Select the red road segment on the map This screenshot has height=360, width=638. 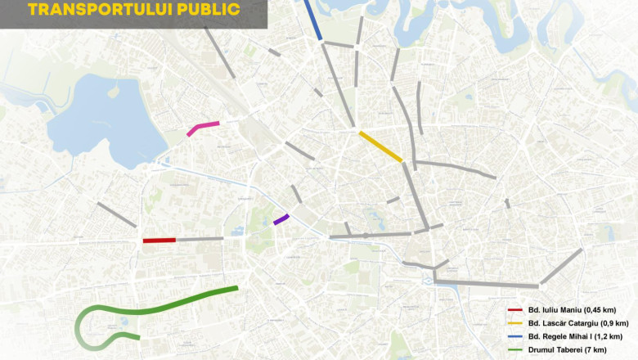[x=159, y=241]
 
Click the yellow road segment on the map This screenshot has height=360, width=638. [x=380, y=146]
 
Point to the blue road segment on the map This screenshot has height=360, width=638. [x=312, y=20]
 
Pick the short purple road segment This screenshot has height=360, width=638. [x=281, y=219]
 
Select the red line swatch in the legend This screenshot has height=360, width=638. [x=514, y=309]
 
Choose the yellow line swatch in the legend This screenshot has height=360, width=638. [x=514, y=323]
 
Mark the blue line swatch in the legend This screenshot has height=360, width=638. [x=514, y=337]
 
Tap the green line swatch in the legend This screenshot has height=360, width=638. [x=514, y=351]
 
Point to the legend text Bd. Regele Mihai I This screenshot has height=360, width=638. [x=559, y=337]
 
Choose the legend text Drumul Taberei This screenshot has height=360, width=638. [x=555, y=351]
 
